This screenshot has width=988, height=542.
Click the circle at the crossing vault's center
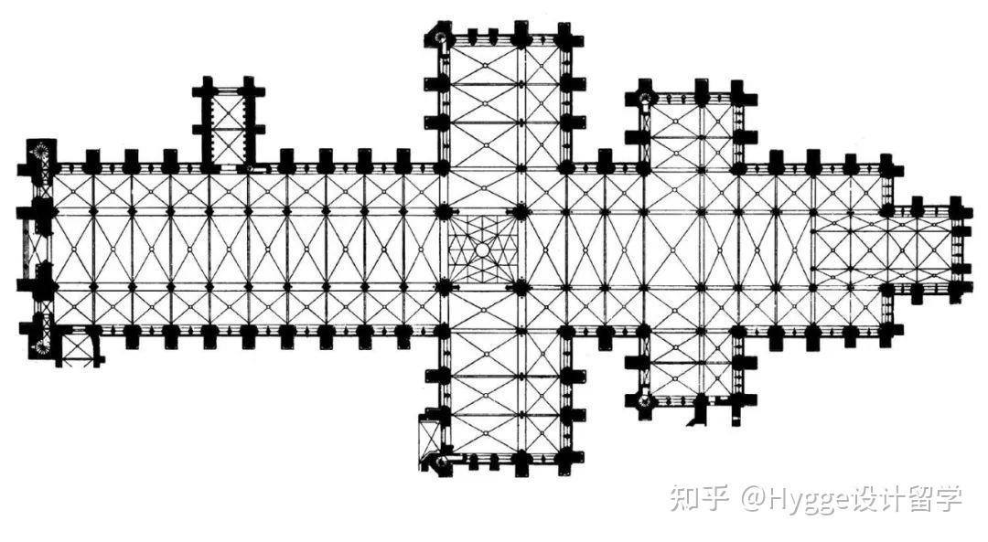click(x=482, y=250)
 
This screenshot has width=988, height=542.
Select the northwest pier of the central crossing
click(x=445, y=211)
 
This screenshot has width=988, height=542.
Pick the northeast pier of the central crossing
click(x=520, y=211)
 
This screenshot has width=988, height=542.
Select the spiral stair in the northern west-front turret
click(x=41, y=153)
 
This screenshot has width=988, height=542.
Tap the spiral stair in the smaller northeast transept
click(x=645, y=98)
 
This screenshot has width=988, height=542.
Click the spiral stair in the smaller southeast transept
click(x=644, y=400)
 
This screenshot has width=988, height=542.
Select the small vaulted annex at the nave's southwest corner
click(x=78, y=346)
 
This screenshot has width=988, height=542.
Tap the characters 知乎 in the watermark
click(x=700, y=498)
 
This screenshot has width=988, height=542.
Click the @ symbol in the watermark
click(x=752, y=498)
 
